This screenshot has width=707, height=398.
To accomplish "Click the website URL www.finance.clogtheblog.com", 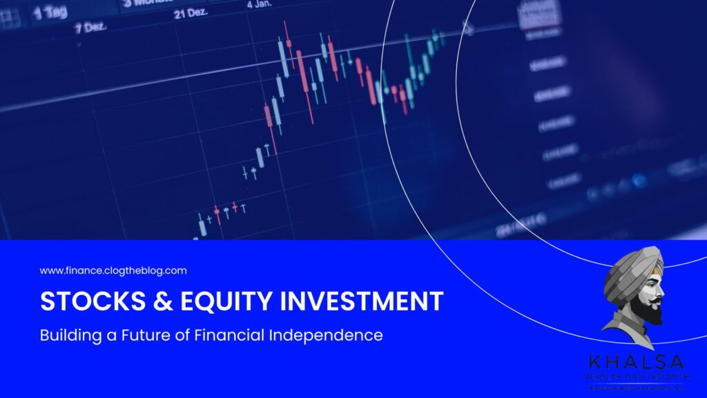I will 113,271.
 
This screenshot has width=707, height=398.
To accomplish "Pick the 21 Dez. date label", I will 188,14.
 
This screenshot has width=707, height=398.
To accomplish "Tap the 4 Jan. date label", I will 260,3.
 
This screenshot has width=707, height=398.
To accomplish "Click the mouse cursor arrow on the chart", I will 468,28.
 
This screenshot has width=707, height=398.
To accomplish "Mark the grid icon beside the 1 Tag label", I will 9,19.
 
